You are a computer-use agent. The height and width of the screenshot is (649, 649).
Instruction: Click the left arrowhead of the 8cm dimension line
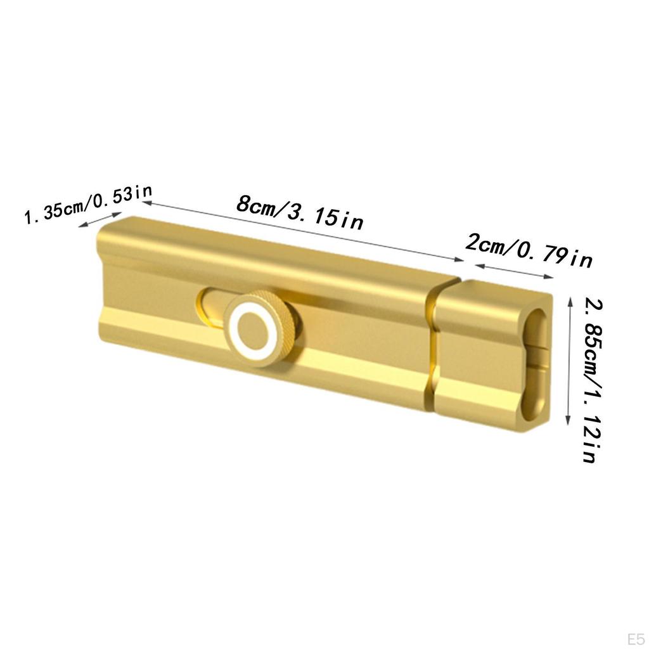[x=145, y=203]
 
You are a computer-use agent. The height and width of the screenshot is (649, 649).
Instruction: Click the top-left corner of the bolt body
[x=99, y=232]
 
